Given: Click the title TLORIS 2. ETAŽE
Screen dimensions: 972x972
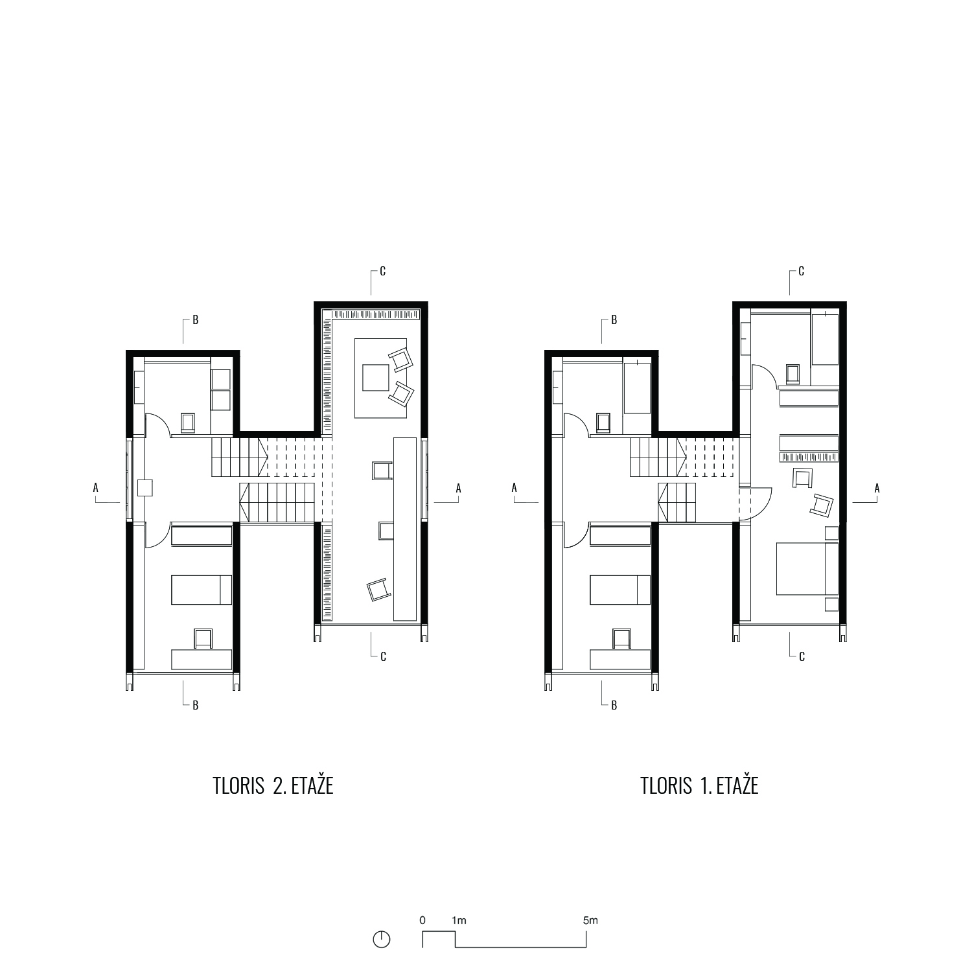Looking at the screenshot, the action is click(x=273, y=785).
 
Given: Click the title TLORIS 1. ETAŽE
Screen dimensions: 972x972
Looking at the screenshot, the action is click(x=699, y=785).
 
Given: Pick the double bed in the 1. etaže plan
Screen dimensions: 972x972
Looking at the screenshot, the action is click(x=807, y=569).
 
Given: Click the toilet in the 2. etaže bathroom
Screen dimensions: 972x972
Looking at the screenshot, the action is click(x=188, y=422).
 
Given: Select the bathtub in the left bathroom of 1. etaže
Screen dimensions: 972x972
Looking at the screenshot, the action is click(x=636, y=387).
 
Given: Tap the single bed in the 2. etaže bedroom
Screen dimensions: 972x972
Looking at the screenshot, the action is click(x=202, y=590).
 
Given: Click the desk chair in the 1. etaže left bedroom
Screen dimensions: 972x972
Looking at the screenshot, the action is click(x=621, y=639).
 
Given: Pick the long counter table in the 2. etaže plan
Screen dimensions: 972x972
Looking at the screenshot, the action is click(x=405, y=529).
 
